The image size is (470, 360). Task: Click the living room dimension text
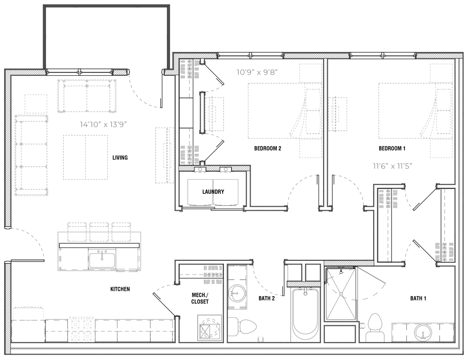(103, 124)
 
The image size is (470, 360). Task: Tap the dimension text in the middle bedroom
(257, 72)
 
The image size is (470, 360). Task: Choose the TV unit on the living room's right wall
(165, 156)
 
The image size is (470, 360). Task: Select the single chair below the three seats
(127, 259)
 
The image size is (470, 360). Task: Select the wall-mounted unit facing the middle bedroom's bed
(214, 113)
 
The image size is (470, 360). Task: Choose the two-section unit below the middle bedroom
(213, 192)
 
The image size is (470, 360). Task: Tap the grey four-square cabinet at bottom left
(82, 328)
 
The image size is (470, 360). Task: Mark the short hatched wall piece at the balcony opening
(120, 72)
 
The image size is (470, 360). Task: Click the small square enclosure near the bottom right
(341, 333)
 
